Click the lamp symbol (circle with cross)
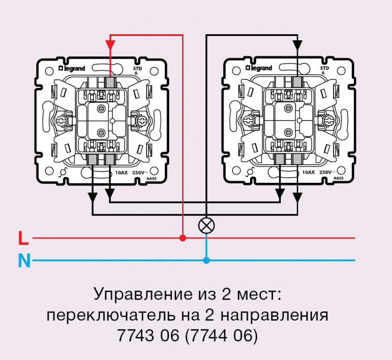click(206, 225)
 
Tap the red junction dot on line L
click(183, 238)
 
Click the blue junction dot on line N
click(206, 261)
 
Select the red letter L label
click(23, 238)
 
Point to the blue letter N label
click(24, 261)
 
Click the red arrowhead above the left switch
click(110, 45)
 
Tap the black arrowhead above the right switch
click(297, 45)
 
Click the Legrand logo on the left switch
click(72, 68)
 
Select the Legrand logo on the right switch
click(259, 68)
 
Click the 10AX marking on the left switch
click(121, 172)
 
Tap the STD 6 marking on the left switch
click(137, 71)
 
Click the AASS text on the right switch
click(339, 178)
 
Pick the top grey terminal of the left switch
click(110, 82)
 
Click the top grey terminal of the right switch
click(297, 82)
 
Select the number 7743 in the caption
click(135, 335)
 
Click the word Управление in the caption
click(143, 294)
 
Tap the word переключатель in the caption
click(111, 315)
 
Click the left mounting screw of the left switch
click(61, 121)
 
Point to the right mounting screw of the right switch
click(328, 121)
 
